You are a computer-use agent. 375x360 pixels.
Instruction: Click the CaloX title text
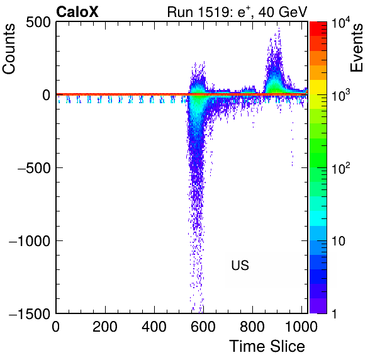(x=77, y=12)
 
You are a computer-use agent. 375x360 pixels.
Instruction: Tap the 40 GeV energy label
(x=283, y=12)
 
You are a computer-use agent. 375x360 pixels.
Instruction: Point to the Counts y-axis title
(x=9, y=49)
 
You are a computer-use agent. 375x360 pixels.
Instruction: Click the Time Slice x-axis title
(x=267, y=346)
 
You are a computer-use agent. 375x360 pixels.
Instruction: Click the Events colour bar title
(x=356, y=48)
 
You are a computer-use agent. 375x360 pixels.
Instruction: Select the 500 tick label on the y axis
(x=38, y=23)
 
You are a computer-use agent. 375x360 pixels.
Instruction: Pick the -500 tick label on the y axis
(x=34, y=168)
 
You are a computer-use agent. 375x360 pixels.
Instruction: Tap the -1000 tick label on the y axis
(x=30, y=241)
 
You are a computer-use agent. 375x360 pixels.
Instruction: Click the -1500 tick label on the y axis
(x=30, y=313)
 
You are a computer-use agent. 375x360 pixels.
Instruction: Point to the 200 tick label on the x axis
(x=105, y=327)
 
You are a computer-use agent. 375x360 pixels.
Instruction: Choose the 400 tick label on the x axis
(x=154, y=327)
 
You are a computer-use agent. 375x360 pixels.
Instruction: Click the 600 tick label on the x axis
(x=203, y=327)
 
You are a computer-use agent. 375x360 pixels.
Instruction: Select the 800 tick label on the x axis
(x=252, y=327)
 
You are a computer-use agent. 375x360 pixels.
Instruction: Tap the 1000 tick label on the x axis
(x=301, y=327)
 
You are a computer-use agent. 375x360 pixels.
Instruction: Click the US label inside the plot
(x=240, y=265)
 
